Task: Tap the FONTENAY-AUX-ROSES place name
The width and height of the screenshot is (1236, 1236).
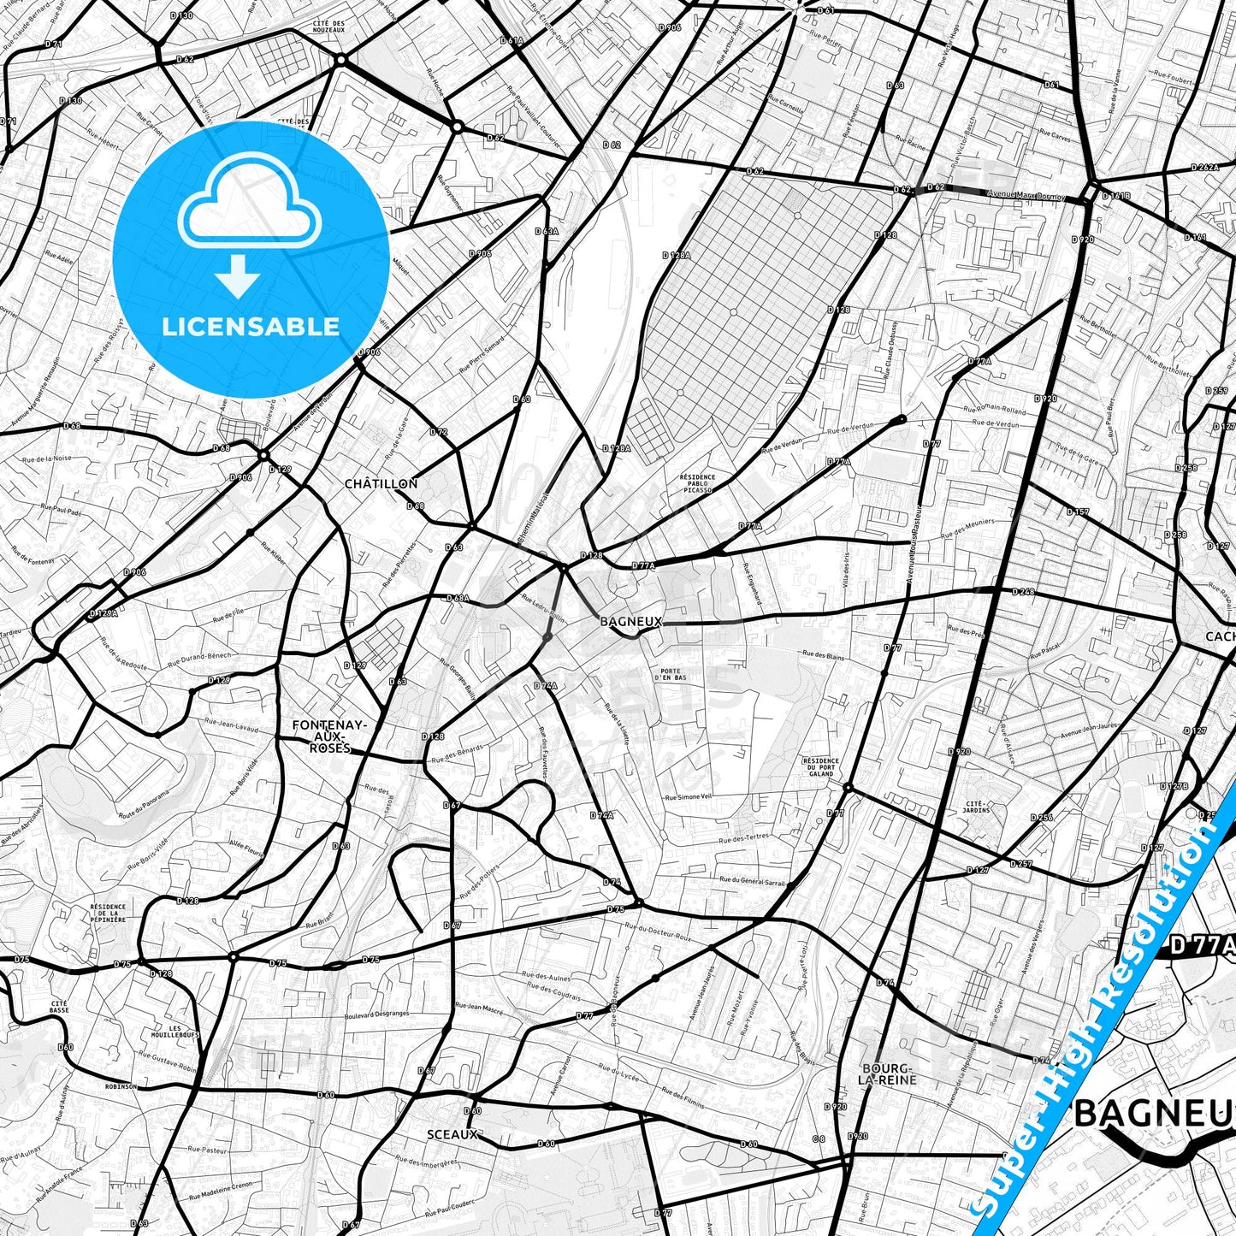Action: [x=329, y=736]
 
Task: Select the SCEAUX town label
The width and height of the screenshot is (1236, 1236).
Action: [x=452, y=1134]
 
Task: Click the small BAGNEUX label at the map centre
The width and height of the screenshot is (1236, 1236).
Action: [x=631, y=622]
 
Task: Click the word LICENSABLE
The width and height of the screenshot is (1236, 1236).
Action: [x=251, y=326]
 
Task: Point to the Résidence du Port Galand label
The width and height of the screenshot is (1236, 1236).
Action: [x=820, y=766]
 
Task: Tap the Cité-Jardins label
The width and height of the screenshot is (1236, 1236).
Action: [x=977, y=807]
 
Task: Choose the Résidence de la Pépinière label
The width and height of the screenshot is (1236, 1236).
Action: [x=108, y=913]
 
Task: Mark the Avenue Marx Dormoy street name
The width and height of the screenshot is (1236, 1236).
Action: [x=1026, y=195]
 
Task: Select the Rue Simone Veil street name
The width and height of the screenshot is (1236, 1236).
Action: [x=689, y=796]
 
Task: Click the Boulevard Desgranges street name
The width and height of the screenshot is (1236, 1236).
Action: [x=376, y=1014]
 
